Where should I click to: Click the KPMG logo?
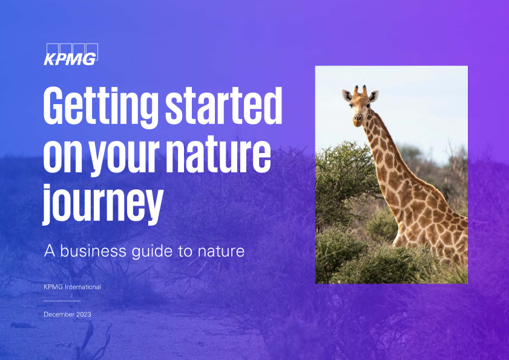71,54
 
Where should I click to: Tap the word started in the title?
224,106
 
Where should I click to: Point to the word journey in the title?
103,205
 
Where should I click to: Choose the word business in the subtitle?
93,251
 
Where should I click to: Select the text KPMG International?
73,287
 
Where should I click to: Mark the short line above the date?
62,301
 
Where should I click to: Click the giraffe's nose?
358,119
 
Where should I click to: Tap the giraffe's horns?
360,90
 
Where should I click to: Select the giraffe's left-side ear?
347,96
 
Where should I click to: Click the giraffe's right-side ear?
373,96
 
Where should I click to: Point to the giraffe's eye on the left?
350,105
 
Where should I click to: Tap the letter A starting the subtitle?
50,251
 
